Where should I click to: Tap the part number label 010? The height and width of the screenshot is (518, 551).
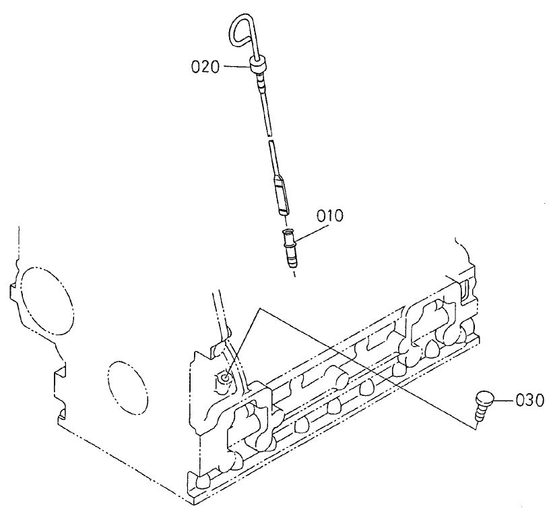coord(330,217)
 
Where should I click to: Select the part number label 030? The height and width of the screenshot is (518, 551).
coord(529,399)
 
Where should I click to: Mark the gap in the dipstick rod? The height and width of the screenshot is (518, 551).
coord(269,138)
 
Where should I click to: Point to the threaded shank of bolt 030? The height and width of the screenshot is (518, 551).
coord(480,415)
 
